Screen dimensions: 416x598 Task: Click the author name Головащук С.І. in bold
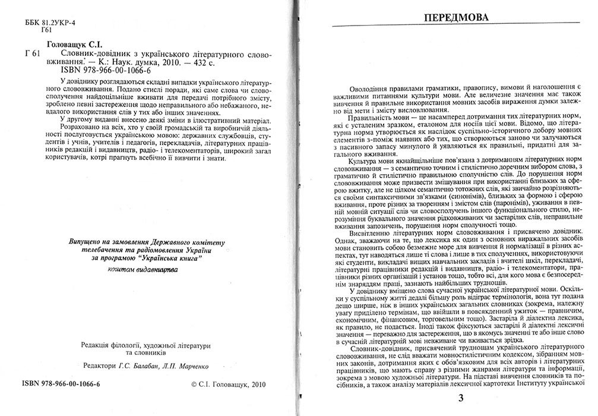[x=74, y=44]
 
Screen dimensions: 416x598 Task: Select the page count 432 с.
[x=194, y=61]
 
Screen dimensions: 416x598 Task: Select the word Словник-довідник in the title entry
[x=84, y=53]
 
